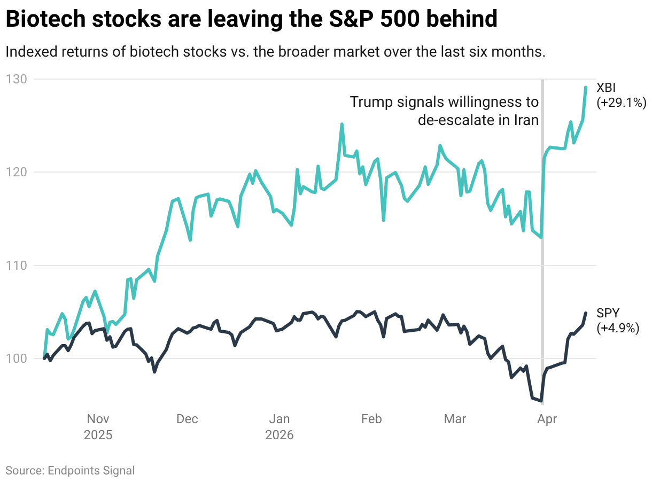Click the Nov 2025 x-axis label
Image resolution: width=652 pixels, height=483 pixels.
98,427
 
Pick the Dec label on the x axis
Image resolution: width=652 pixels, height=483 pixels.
187,419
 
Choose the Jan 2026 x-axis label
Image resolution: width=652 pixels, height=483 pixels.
280,427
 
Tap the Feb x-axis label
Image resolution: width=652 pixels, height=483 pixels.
371,419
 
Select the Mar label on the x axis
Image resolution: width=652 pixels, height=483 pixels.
455,419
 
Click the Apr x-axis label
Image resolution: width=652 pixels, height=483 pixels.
547,419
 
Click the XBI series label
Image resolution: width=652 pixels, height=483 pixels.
607,88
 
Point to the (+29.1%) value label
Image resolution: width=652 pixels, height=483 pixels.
622,103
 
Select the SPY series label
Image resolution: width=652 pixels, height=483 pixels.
608,314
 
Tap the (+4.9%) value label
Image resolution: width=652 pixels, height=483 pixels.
618,328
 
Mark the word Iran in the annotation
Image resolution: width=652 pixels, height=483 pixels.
526,120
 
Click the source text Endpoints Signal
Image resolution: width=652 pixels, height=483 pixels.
91,471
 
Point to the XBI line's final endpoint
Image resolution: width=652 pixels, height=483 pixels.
586,87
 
